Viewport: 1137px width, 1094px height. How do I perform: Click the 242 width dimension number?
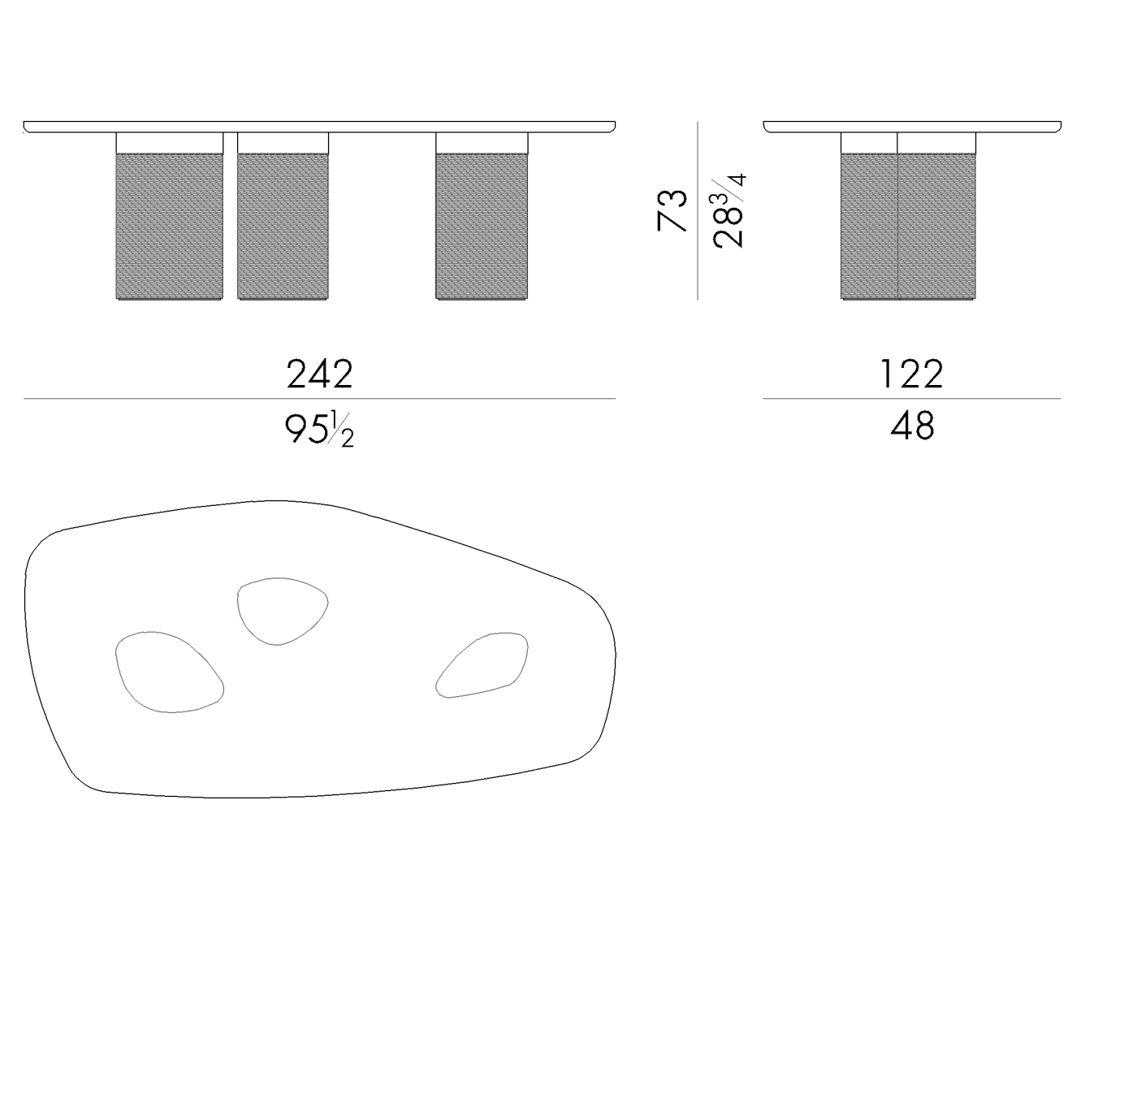320,374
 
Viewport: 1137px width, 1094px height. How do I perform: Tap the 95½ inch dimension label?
319,430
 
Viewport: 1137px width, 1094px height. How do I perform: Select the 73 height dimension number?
672,210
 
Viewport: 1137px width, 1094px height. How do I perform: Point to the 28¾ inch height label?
728,210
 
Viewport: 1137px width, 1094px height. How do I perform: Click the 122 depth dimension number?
911,374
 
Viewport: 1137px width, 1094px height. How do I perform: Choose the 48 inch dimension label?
912,426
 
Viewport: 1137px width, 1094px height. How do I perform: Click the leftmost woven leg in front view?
170,226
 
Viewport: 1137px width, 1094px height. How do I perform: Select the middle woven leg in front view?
283,226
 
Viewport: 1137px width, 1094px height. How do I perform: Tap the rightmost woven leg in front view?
482,226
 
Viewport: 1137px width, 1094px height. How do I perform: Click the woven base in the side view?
908,226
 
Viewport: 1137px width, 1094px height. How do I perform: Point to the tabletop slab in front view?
319,127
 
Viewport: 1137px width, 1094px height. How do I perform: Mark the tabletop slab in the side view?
912,127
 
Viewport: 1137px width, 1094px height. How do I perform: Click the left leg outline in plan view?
169,672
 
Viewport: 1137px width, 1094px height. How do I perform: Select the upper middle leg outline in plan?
282,611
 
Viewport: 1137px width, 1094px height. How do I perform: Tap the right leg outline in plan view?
482,664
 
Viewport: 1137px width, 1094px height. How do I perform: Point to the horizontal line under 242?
319,399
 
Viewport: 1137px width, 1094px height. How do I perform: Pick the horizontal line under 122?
911,399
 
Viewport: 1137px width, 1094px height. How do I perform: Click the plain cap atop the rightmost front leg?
482,144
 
